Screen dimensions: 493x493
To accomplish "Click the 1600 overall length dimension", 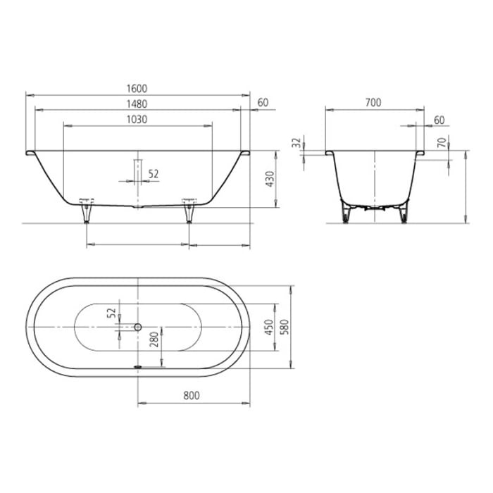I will tap(137, 88).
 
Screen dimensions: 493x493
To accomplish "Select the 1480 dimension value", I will tap(137, 104).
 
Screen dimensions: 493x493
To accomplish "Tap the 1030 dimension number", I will tap(137, 119).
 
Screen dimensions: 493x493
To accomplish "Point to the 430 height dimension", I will tap(268, 179).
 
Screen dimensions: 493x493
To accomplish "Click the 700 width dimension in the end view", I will tap(373, 103).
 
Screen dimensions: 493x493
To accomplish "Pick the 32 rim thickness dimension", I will tap(296, 143).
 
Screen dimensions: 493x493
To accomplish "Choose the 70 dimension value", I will tap(442, 143).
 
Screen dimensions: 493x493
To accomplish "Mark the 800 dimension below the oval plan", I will tap(192, 396).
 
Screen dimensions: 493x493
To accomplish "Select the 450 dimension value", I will tap(268, 326).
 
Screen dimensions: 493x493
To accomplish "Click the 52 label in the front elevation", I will tap(154, 173).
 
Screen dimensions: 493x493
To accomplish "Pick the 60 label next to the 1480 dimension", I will tap(262, 104).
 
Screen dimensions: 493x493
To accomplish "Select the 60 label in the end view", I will tap(439, 120).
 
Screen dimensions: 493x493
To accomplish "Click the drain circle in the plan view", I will tap(138, 327).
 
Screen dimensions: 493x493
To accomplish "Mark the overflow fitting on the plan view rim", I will tap(138, 366).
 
